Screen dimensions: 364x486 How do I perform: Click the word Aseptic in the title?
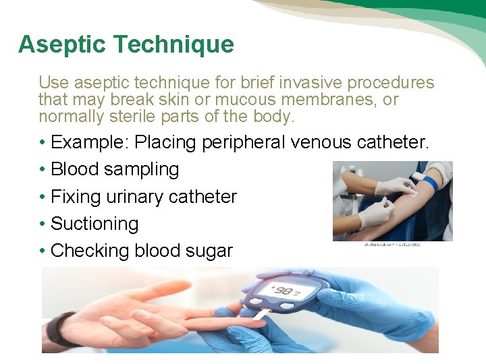(x=61, y=45)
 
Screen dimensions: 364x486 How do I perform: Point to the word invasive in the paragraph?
(x=316, y=83)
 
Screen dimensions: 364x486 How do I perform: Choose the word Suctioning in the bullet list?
(x=94, y=224)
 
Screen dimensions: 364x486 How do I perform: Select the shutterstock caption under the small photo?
(x=392, y=244)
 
